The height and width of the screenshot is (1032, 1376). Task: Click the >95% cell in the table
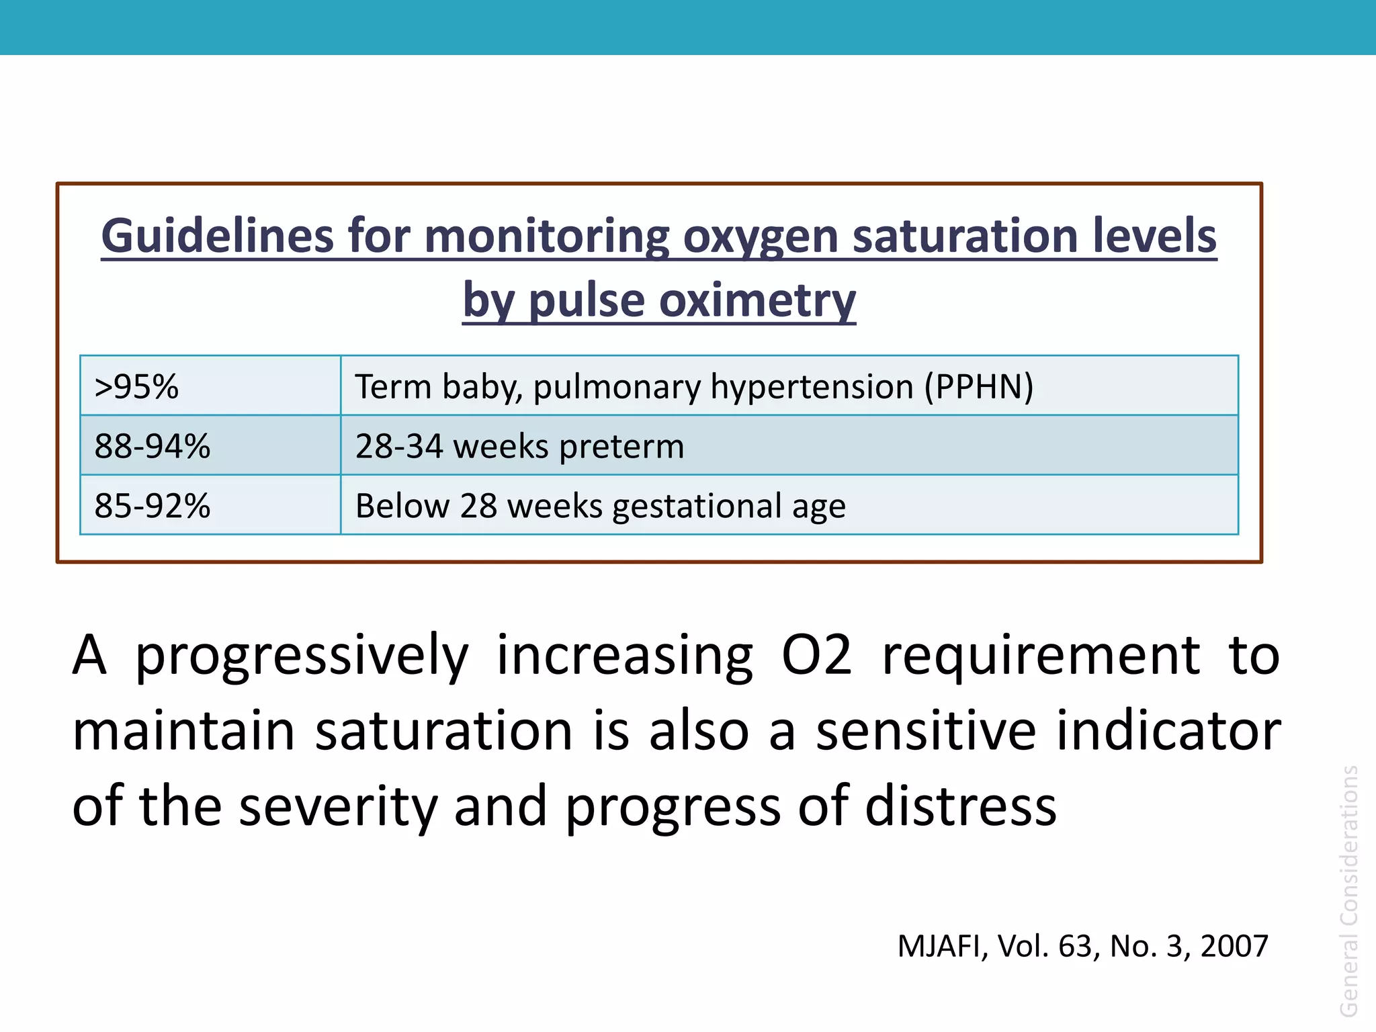[x=137, y=387]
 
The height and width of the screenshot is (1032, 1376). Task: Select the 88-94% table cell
[x=153, y=446]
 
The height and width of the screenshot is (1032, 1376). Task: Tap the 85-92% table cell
[x=153, y=506]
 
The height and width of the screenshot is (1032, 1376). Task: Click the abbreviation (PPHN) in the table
[x=978, y=387]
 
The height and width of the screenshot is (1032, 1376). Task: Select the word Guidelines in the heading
[x=217, y=236]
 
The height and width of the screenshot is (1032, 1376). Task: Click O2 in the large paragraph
[x=816, y=655]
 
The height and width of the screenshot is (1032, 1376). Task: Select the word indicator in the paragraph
[x=1168, y=731]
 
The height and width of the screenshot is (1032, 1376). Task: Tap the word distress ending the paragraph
[x=961, y=806]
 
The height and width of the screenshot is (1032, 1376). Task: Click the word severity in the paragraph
[x=338, y=806]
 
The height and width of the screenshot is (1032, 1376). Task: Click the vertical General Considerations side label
[x=1348, y=890]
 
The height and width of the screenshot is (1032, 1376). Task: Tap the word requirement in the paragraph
[x=1040, y=655]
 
